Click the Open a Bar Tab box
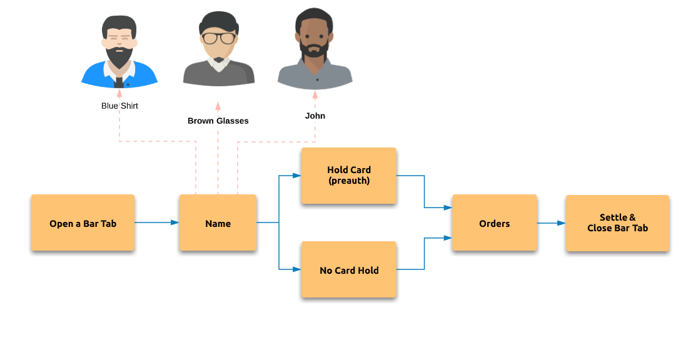tap(83, 222)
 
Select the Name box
tap(218, 222)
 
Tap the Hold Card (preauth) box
tap(349, 176)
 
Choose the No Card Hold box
tap(349, 269)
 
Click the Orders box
tap(495, 222)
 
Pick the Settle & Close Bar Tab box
tap(617, 223)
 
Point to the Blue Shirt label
tap(120, 106)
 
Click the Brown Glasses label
tap(218, 121)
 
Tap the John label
tap(315, 116)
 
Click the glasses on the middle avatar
tap(218, 38)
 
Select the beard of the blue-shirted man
tap(119, 56)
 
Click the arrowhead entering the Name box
tap(175, 222)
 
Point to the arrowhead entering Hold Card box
tap(297, 176)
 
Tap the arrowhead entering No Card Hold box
tap(297, 269)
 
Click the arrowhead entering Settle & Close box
tap(562, 223)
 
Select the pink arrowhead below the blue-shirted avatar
tap(119, 93)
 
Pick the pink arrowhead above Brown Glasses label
tap(218, 106)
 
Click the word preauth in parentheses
tap(349, 181)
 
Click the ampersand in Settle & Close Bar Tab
tap(632, 217)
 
